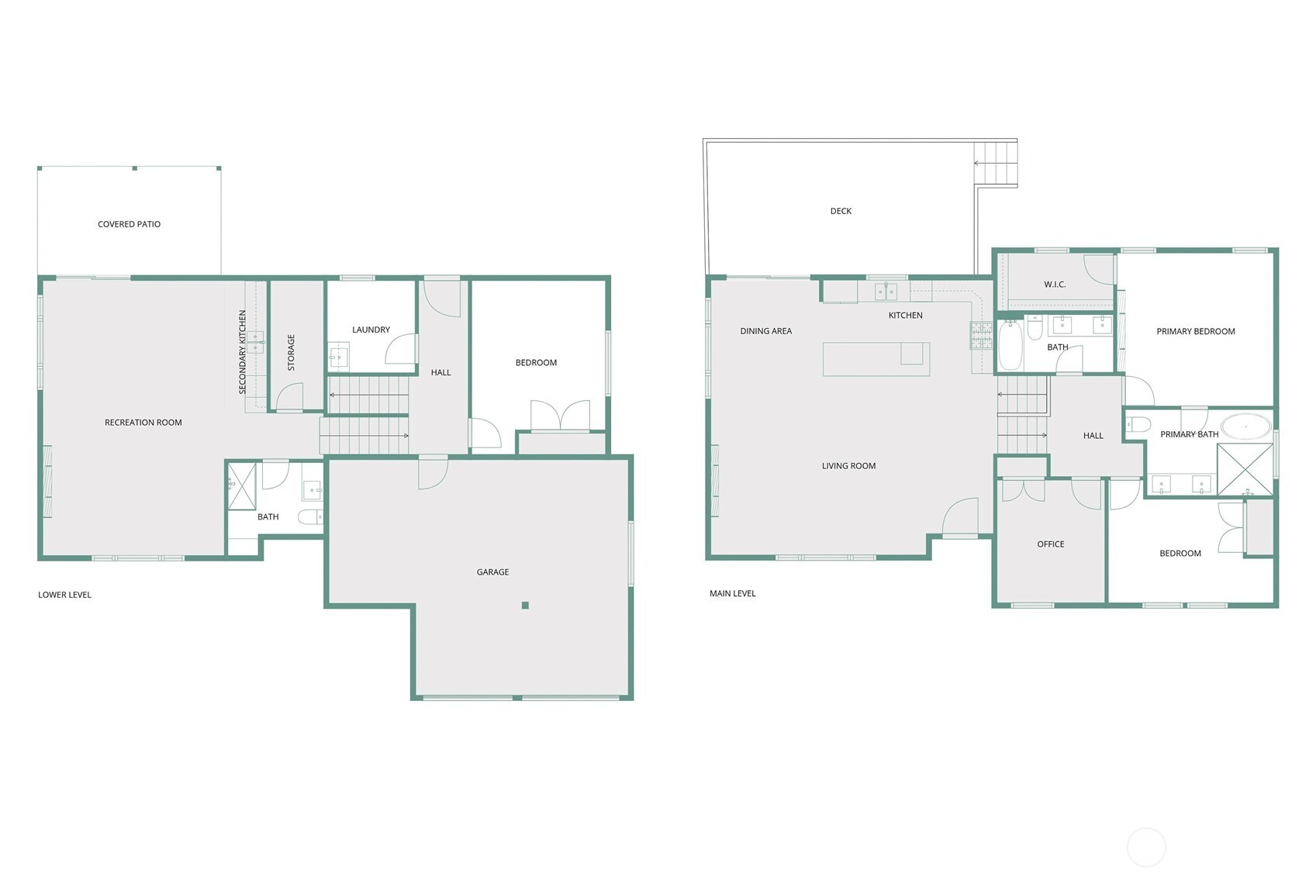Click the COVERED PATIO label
click(130, 224)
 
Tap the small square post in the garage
click(525, 606)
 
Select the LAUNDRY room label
click(371, 330)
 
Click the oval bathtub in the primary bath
click(1246, 426)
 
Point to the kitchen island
click(876, 359)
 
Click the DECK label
click(841, 211)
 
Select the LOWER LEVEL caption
click(64, 595)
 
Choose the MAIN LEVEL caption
click(732, 593)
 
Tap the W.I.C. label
click(1055, 285)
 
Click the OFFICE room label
click(1050, 544)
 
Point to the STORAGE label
click(292, 352)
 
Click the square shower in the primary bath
click(1245, 470)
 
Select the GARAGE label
click(492, 572)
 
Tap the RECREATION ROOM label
click(143, 423)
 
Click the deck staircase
click(996, 164)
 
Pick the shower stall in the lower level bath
click(242, 486)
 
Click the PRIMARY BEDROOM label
click(1195, 331)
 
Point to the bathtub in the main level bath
click(1010, 346)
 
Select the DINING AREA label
click(765, 331)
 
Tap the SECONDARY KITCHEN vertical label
click(243, 352)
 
